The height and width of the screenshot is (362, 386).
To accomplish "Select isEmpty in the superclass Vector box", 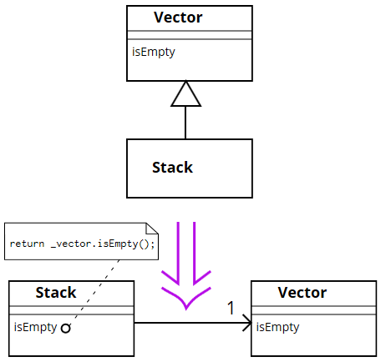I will coord(153,52).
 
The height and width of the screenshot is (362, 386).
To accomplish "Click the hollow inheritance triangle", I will coord(186,95).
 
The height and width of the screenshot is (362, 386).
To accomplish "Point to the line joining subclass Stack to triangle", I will coord(186,123).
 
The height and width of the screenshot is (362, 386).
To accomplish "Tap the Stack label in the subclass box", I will coord(172,168).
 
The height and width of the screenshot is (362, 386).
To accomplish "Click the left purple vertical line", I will coord(179,250).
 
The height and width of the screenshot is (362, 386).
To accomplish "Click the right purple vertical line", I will coord(194,250).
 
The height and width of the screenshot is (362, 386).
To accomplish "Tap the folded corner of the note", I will coord(151,229).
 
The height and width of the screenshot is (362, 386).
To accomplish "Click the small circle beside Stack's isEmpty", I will coord(65,329).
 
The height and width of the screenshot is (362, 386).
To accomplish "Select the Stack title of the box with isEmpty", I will coord(56,293).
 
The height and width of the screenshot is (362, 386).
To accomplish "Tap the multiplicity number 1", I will coord(231,309).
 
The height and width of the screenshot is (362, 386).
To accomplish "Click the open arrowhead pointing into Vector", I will coord(246,323).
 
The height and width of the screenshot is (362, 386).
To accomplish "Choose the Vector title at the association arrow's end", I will coord(302,293).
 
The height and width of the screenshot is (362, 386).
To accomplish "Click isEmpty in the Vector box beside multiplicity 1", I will coord(277,327).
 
